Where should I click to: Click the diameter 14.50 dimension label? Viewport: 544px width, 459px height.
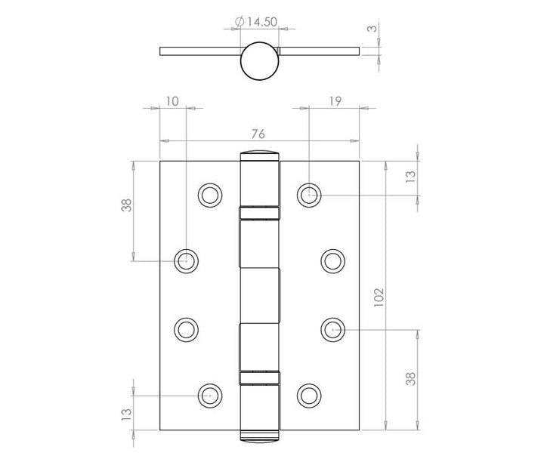256,22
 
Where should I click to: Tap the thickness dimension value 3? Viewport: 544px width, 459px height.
372,28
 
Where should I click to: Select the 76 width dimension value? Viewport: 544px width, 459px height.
258,134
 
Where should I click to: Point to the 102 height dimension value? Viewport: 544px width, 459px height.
379,297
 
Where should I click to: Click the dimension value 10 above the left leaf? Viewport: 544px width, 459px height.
172,101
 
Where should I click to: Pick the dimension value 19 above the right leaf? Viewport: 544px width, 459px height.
335,101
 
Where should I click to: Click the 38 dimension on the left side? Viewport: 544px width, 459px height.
127,205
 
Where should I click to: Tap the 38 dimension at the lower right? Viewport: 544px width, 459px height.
410,379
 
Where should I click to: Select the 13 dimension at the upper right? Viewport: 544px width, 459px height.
410,177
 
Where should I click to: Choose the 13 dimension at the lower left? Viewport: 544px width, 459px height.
127,414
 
